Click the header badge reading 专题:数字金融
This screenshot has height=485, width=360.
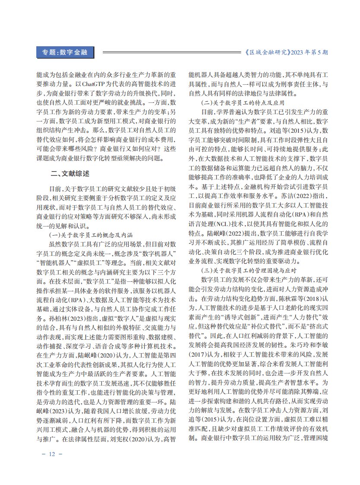tap(64, 53)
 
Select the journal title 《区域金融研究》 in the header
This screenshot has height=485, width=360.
tap(267, 53)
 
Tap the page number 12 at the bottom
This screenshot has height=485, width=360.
tap(52, 454)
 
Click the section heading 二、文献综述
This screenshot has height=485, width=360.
tap(70, 174)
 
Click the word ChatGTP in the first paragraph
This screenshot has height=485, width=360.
tap(94, 83)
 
